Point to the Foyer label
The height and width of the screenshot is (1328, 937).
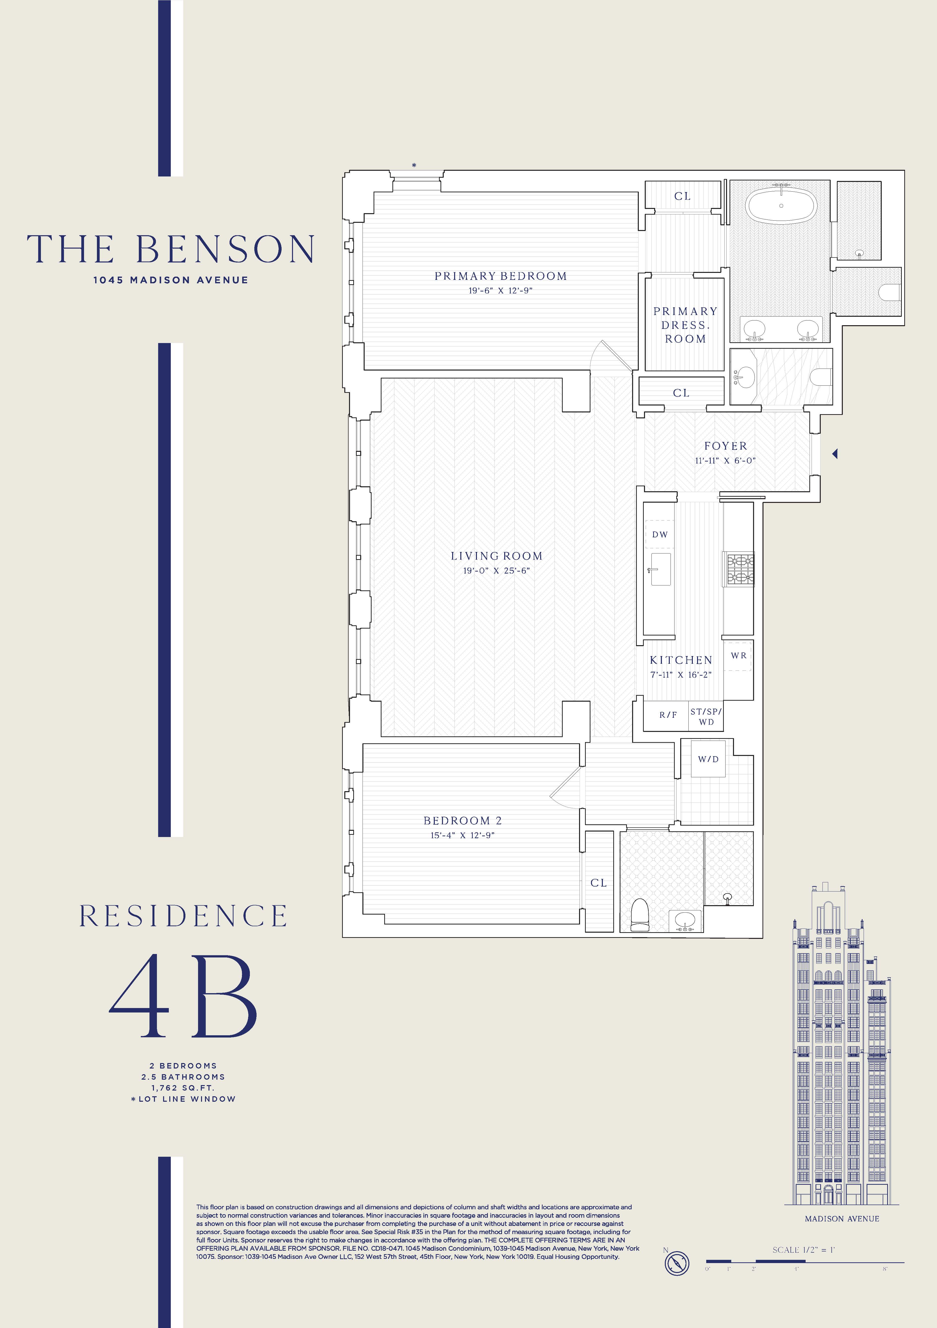pos(725,446)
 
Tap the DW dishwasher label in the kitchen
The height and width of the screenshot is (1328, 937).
pos(660,534)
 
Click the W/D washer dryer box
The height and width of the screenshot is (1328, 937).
pos(708,759)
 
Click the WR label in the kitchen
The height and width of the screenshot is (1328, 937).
pos(739,655)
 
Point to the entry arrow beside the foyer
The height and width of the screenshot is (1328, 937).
pos(835,454)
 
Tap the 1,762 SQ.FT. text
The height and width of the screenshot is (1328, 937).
pos(183,1088)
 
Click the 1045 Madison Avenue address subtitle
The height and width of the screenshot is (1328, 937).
pos(171,280)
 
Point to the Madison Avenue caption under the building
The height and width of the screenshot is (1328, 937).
pos(842,1219)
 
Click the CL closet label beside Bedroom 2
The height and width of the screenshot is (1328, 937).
pos(599,883)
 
